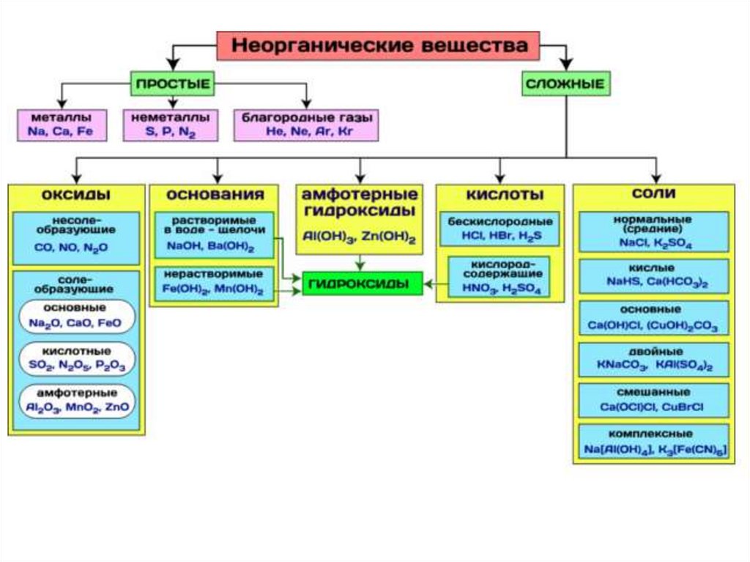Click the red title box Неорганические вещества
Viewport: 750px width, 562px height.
378,45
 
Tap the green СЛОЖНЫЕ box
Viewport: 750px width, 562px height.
565,84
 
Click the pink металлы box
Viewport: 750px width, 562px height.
62,125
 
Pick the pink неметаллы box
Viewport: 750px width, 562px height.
170,125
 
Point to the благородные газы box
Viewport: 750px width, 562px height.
306,125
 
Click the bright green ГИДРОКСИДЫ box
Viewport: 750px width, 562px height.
363,283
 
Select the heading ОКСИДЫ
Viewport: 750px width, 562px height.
76,195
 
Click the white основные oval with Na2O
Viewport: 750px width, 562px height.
76,316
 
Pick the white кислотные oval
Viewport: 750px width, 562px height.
76,358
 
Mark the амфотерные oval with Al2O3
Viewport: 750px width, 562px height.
76,400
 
